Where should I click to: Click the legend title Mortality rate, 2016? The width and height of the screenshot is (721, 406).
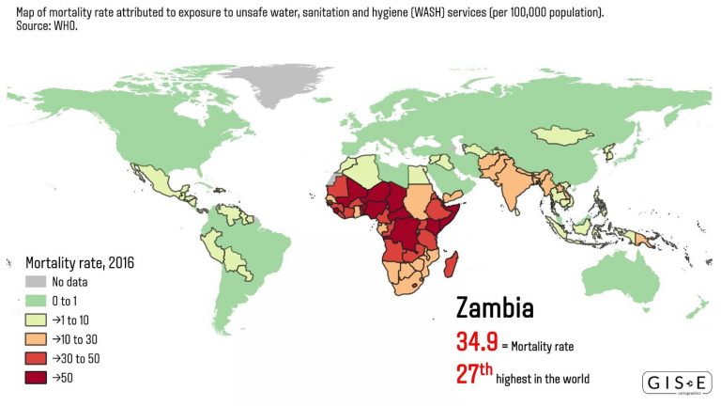point(80,262)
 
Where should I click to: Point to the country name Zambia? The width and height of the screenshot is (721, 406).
point(495,308)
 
